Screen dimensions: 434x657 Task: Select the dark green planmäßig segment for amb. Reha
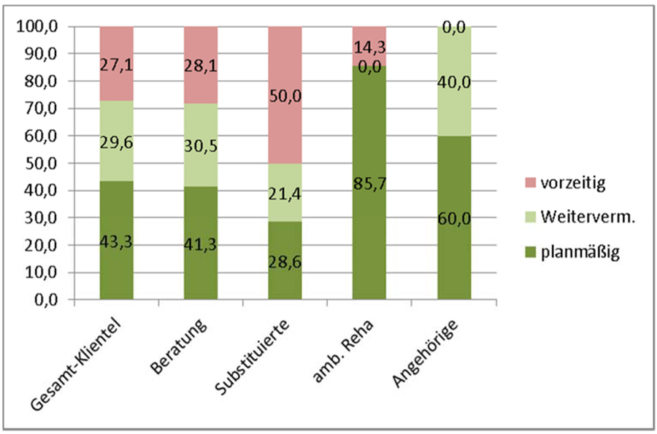point(369,219)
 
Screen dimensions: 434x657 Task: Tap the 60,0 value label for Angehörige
point(453,217)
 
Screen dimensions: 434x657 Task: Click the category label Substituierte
point(255,355)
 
